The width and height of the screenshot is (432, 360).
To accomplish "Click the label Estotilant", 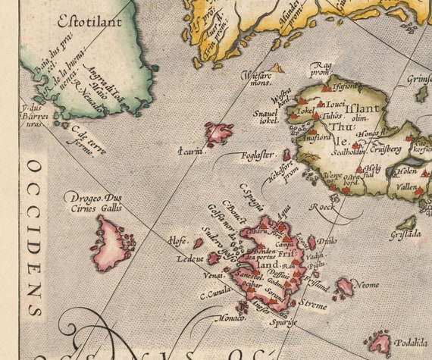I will pos(89,21).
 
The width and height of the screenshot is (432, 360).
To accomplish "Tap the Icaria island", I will pos(220,134).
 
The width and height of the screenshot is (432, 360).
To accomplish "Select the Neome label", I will pos(369,284).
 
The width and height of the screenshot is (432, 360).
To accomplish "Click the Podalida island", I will pos(377,343).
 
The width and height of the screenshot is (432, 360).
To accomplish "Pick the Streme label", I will pos(312,306).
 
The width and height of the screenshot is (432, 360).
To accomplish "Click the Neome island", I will pos(346,287).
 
